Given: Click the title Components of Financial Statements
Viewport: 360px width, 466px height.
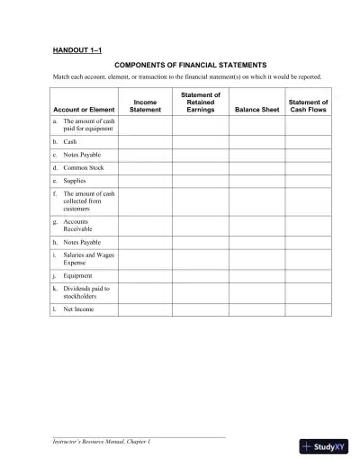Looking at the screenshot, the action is (x=190, y=66).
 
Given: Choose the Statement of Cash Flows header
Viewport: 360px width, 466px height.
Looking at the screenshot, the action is (x=308, y=106).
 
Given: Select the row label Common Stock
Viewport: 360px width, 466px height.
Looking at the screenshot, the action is (x=84, y=167).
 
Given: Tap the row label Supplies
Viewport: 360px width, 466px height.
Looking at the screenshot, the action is (x=76, y=180).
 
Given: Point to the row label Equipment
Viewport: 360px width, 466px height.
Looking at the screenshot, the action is (x=79, y=275).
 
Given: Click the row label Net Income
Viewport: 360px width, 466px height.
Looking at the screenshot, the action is (x=79, y=309).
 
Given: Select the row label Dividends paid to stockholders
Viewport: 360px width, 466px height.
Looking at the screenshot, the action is (x=86, y=292).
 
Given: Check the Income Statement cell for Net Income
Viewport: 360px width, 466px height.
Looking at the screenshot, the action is (x=145, y=309).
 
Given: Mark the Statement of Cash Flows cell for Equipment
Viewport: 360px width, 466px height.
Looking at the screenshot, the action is (x=308, y=275).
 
